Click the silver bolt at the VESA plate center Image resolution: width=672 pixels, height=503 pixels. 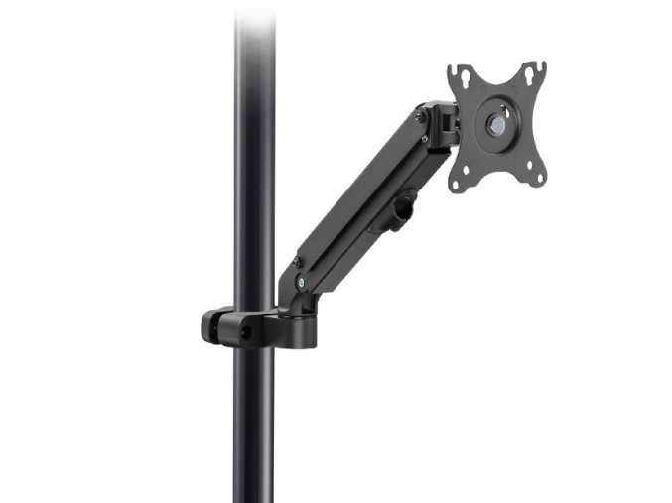point(495,126)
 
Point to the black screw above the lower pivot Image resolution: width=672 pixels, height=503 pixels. point(295,260)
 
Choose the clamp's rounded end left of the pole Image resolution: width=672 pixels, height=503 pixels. point(211,326)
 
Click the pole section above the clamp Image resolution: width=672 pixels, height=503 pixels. point(254,149)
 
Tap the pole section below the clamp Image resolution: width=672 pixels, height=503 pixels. point(254,427)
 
